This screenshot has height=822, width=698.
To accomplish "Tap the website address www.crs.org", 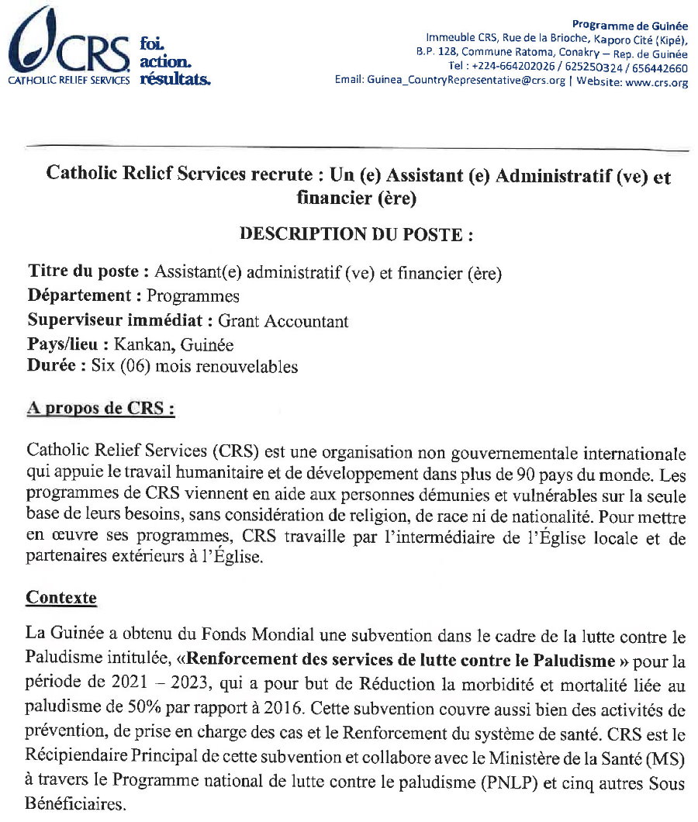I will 656,83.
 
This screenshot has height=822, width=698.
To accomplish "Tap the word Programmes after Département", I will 193,295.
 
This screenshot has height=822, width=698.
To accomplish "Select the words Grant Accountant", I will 283,320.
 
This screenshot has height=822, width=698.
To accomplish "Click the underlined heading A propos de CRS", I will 100,409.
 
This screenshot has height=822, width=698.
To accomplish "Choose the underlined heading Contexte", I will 61,598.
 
